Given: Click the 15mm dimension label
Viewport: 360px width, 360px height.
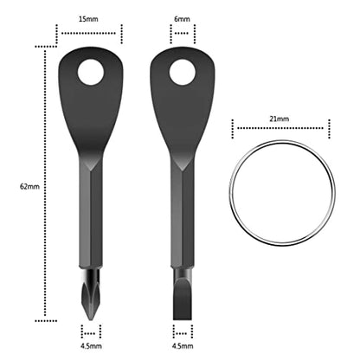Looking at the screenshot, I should (x=90, y=17).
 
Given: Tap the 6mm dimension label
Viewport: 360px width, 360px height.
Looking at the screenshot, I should (x=182, y=17).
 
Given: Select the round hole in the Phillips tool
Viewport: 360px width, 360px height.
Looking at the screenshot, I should (x=90, y=74).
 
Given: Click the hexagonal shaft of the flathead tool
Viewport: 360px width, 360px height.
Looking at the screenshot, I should (x=182, y=216).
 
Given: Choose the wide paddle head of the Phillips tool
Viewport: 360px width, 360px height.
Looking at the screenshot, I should (x=90, y=112).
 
